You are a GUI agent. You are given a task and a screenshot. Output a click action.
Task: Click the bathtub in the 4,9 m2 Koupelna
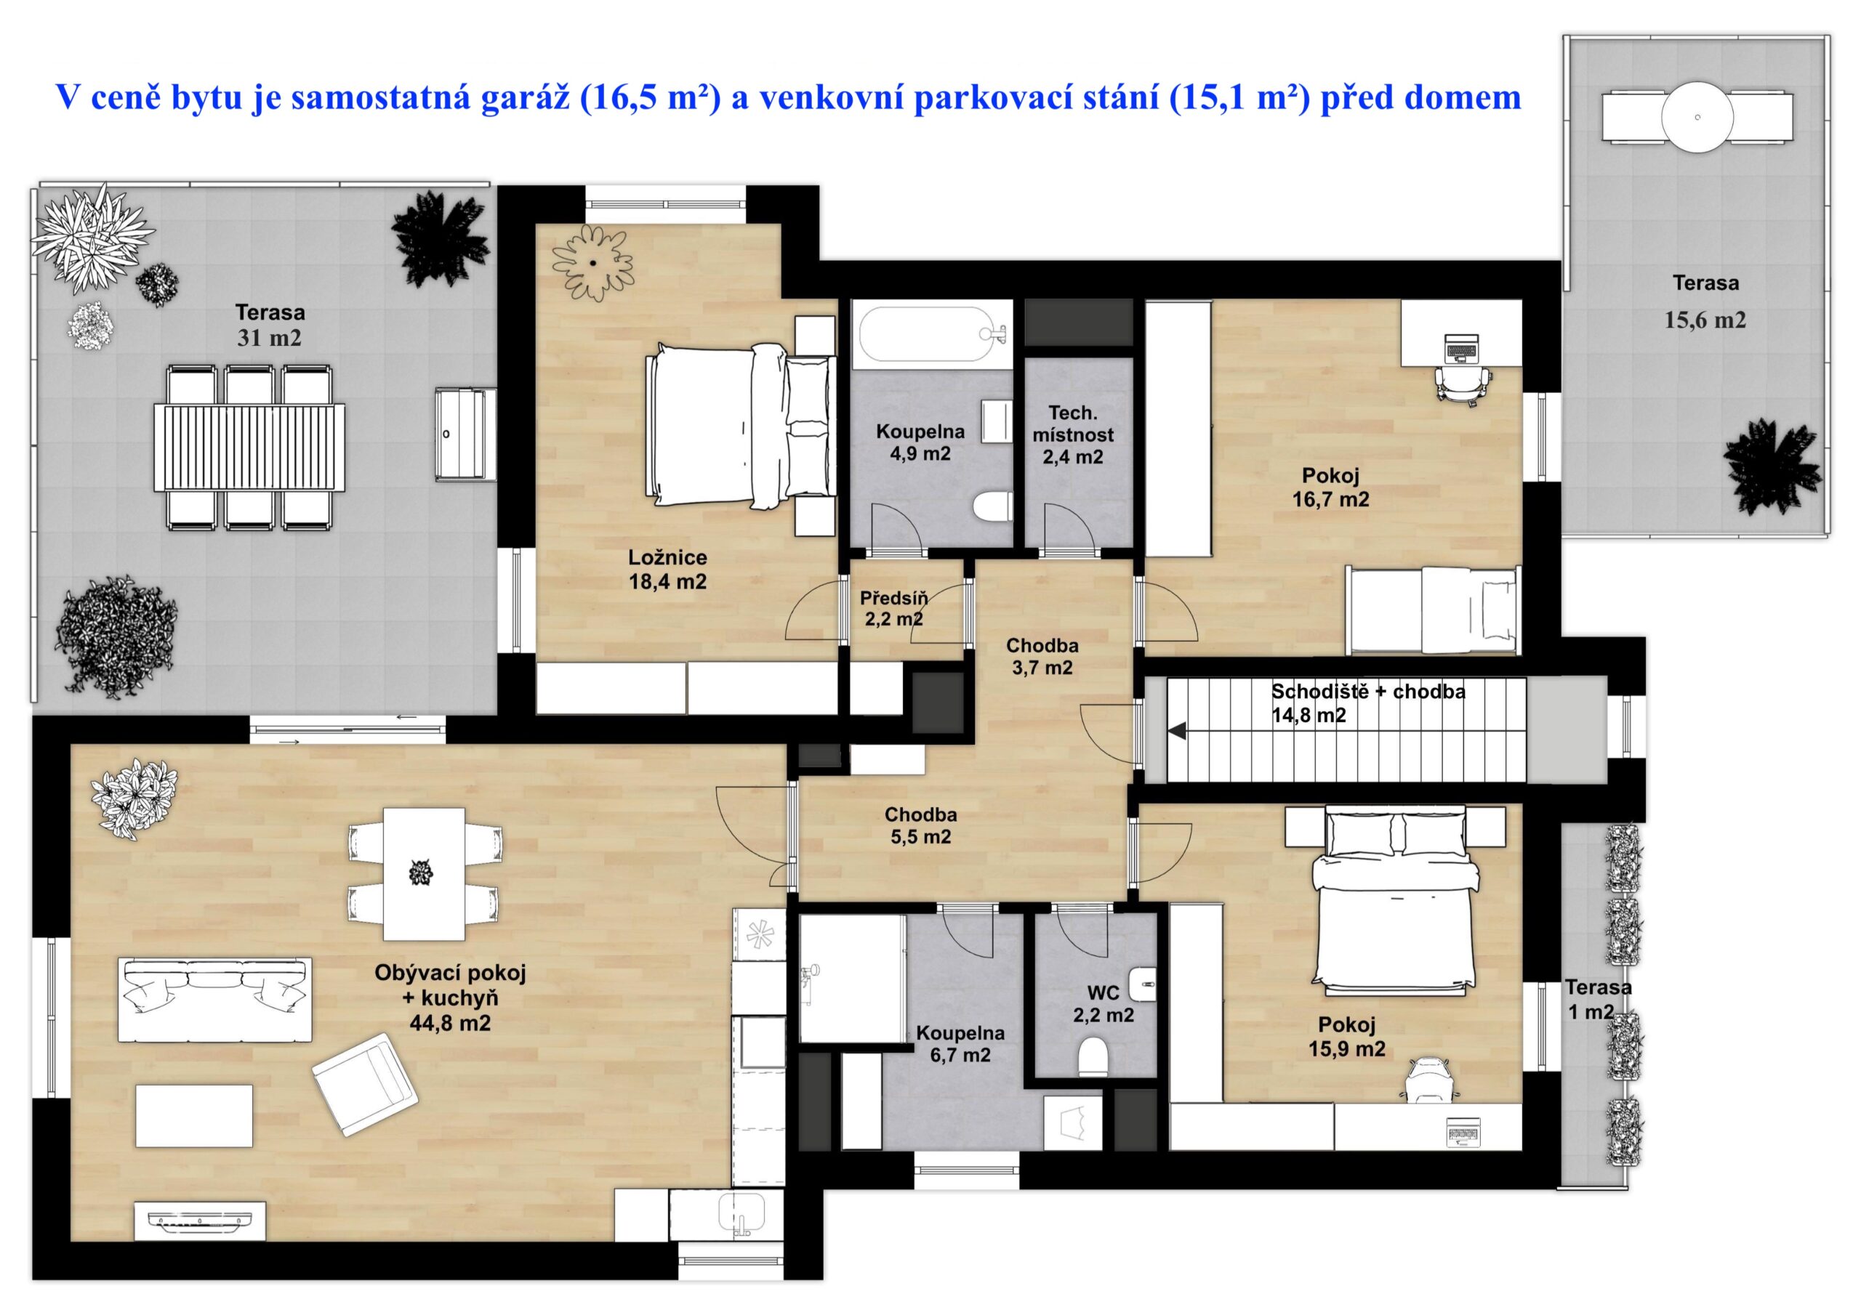pyautogui.click(x=932, y=331)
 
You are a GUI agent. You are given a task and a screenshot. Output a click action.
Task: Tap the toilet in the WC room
pyautogui.click(x=1093, y=1056)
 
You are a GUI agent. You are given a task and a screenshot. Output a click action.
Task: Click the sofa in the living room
pyautogui.click(x=214, y=999)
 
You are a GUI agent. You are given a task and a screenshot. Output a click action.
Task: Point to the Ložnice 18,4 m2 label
pyautogui.click(x=667, y=569)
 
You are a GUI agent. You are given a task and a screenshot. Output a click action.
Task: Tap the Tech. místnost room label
pyautogui.click(x=1072, y=424)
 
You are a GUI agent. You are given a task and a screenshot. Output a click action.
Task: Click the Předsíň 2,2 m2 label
pyautogui.click(x=893, y=610)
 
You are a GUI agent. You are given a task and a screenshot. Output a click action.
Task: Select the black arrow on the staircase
pyautogui.click(x=1177, y=732)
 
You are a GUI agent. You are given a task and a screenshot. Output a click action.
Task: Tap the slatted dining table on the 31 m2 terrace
pyautogui.click(x=249, y=448)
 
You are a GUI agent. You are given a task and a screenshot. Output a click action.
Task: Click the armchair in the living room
pyautogui.click(x=366, y=1083)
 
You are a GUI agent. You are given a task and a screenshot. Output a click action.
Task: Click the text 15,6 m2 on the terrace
pyautogui.click(x=1705, y=320)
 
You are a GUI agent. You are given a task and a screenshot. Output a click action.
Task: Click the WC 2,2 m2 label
pyautogui.click(x=1103, y=1003)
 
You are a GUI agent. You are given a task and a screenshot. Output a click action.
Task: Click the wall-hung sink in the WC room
pyautogui.click(x=1142, y=984)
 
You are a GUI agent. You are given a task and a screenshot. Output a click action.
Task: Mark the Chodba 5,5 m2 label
pyautogui.click(x=921, y=825)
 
